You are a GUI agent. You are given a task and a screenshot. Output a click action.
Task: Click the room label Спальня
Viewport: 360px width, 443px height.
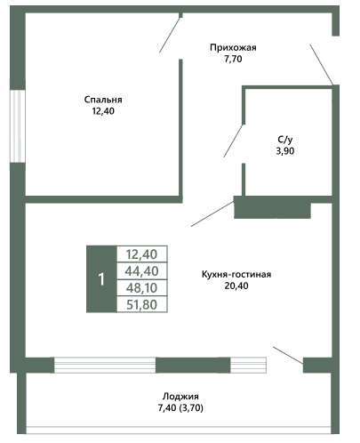click(x=103, y=100)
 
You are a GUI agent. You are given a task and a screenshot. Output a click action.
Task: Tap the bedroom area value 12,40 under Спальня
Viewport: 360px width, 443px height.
click(x=103, y=111)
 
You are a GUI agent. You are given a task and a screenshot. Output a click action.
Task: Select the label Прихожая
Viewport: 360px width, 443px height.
click(x=233, y=48)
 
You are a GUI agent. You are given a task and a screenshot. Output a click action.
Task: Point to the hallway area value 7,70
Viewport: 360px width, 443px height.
click(x=233, y=60)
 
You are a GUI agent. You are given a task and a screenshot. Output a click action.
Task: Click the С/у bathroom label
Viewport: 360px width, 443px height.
click(x=285, y=140)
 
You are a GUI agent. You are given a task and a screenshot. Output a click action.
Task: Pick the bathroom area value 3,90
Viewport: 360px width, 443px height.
click(x=285, y=151)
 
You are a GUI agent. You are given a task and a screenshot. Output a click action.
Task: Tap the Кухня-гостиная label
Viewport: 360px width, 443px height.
click(x=236, y=274)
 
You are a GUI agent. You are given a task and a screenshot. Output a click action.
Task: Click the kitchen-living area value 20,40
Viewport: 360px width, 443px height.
click(x=236, y=286)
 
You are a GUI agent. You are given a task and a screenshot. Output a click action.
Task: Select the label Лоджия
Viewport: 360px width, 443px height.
click(x=180, y=397)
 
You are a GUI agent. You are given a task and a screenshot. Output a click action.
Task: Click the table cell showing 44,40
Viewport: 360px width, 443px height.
click(x=142, y=271)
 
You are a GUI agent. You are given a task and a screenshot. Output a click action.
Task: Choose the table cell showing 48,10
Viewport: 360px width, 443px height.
click(x=142, y=288)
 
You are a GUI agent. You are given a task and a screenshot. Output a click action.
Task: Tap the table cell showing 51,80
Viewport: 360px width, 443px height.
click(x=142, y=304)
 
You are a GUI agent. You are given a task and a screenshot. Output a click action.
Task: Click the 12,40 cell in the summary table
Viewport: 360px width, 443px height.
click(x=142, y=254)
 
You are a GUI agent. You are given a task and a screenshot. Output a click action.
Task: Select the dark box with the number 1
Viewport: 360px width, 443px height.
click(x=101, y=279)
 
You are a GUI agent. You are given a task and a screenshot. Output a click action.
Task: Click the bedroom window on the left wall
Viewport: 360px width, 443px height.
click(x=18, y=126)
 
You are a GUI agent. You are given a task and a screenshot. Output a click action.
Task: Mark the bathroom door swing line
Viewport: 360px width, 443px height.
click(x=234, y=141)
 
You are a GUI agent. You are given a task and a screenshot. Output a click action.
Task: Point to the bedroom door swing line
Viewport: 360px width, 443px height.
click(x=170, y=36)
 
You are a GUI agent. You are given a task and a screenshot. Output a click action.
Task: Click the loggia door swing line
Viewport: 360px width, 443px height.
click(x=288, y=355)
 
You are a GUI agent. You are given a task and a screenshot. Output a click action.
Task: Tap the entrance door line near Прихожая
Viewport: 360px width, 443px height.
click(x=322, y=65)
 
